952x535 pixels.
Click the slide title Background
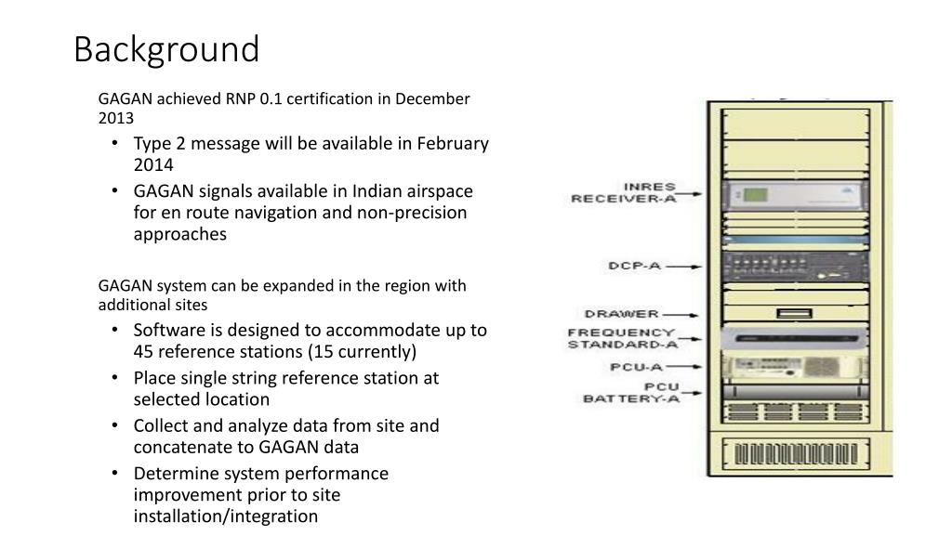[166, 49]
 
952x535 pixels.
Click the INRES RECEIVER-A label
[624, 192]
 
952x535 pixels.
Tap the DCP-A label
[635, 266]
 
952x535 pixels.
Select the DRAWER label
[622, 314]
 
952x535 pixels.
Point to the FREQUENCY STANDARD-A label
[622, 338]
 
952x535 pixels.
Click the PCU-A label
[635, 367]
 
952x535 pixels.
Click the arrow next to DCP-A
[684, 267]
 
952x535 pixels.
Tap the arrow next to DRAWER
[684, 315]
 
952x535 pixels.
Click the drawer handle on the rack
[790, 314]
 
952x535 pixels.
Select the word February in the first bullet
[453, 143]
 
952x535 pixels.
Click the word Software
[168, 330]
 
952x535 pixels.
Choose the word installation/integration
[225, 516]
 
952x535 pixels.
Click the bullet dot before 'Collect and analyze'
[113, 426]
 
